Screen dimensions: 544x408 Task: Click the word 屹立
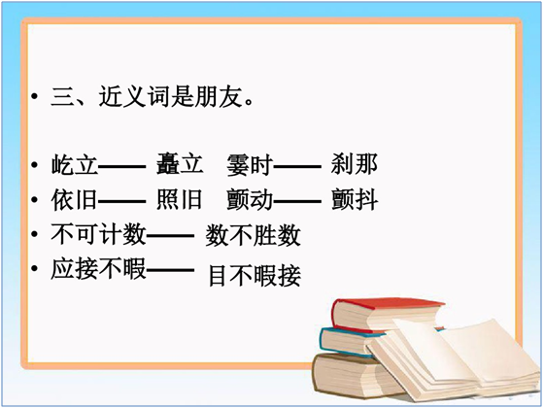[x=75, y=164]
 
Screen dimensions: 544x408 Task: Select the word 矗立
[x=180, y=163]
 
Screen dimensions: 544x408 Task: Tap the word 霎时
[x=250, y=165]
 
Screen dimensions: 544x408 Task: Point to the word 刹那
[x=355, y=164]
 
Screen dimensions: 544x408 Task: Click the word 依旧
[x=74, y=199]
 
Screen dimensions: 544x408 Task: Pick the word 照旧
[x=179, y=199]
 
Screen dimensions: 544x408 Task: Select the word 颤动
[x=250, y=200]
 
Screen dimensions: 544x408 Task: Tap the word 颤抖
[x=355, y=199]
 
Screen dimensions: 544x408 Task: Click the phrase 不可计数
[x=98, y=234]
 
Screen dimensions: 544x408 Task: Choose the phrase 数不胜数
[x=253, y=235]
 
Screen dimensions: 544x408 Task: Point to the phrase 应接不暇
[x=98, y=269]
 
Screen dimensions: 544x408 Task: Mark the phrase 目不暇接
[x=255, y=276]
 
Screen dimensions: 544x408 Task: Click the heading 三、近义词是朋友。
[x=153, y=96]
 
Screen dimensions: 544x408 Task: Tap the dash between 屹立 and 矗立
[x=121, y=167]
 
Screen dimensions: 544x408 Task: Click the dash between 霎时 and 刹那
[x=297, y=167]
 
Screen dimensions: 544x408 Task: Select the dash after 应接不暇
[x=170, y=270]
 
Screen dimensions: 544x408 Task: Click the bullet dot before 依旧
[x=34, y=200]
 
